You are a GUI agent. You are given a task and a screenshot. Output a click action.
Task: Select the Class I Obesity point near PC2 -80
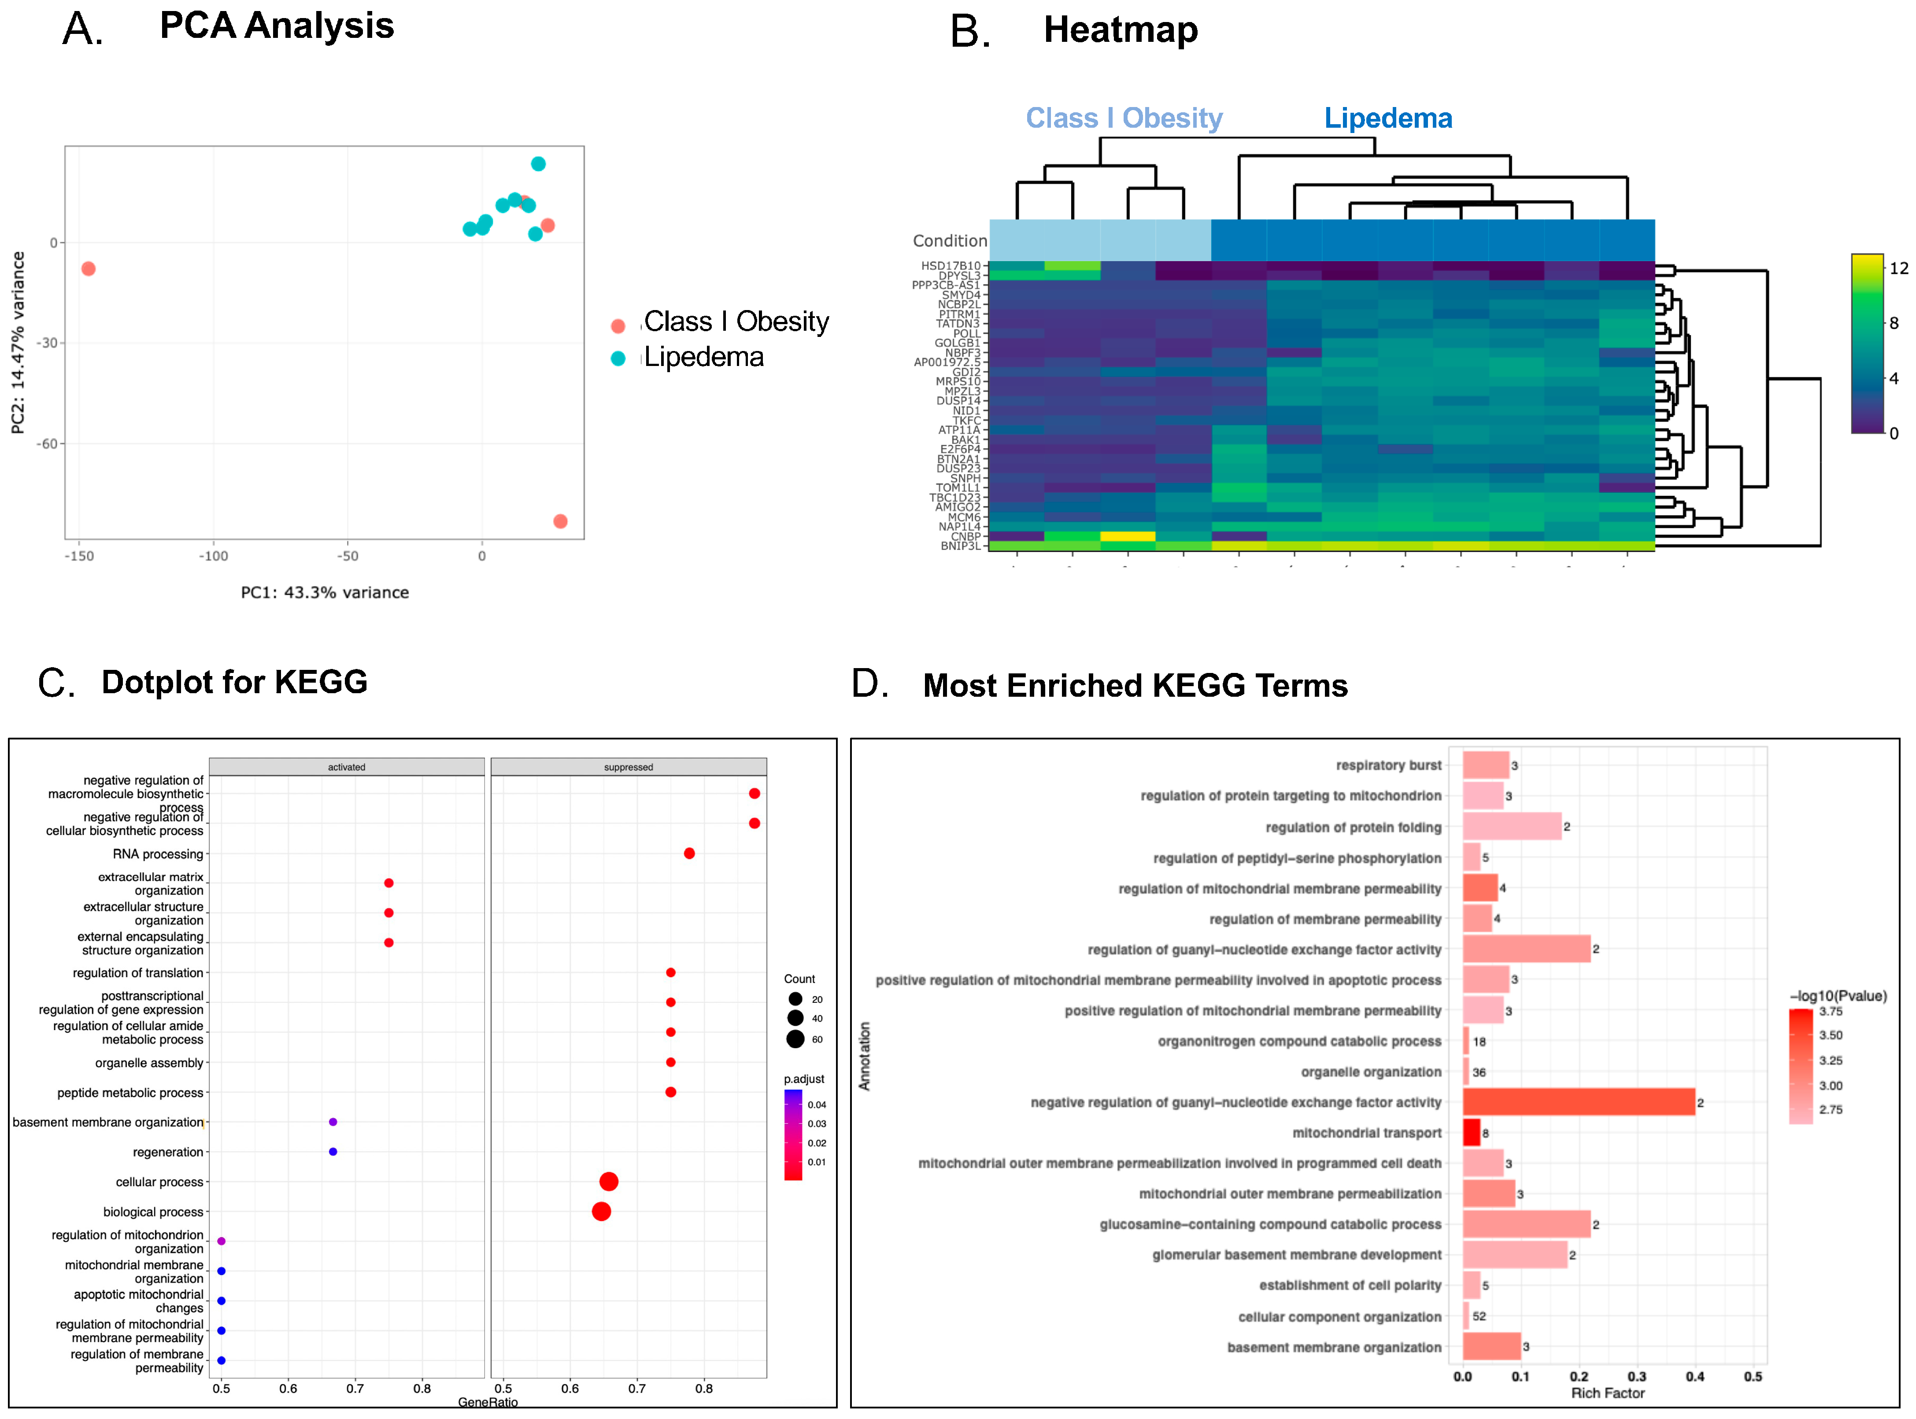click(560, 521)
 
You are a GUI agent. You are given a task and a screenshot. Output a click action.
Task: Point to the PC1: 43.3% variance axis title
click(325, 593)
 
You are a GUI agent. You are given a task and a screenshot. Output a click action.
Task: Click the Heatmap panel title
click(1120, 30)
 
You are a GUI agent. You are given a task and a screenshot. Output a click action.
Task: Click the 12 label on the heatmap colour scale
click(1898, 269)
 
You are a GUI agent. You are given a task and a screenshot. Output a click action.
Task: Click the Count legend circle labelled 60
click(795, 1039)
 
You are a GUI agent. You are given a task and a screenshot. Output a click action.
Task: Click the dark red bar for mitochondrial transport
click(1471, 1133)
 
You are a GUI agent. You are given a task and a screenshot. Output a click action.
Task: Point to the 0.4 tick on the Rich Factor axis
click(1694, 1377)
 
